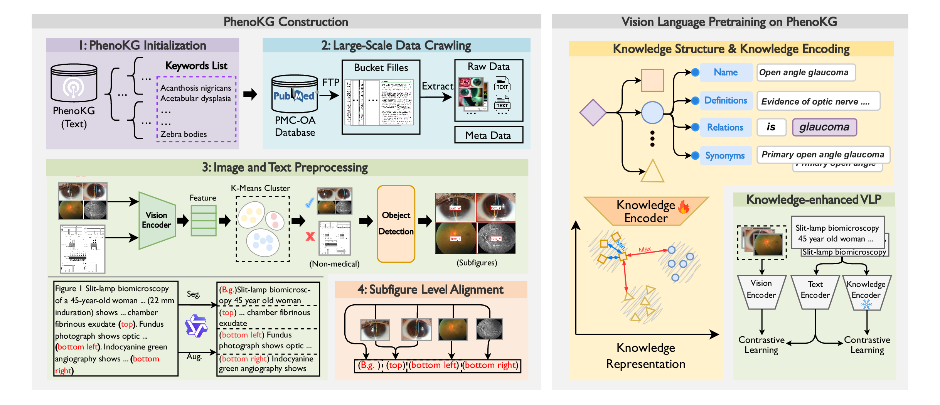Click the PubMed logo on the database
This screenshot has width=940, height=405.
click(294, 95)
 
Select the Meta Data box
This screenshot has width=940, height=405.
click(488, 135)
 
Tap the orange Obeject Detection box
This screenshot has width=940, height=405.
click(396, 224)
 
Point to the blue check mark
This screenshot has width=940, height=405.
click(310, 203)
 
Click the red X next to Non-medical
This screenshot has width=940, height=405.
click(310, 236)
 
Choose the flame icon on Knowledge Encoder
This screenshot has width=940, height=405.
click(684, 207)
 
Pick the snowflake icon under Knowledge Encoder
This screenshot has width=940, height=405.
click(866, 305)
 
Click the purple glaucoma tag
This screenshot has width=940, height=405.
click(824, 127)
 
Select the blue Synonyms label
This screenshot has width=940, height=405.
click(725, 155)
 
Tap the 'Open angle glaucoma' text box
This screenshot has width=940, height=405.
click(805, 73)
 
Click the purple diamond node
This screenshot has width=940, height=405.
click(593, 113)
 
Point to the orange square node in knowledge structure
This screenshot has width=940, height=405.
click(652, 80)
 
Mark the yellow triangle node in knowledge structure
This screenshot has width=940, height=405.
click(652, 172)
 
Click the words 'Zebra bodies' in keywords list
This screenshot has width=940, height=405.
click(184, 134)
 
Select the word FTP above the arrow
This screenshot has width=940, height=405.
click(331, 83)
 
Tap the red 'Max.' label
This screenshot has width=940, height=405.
click(645, 250)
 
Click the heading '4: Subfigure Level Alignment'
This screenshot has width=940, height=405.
click(430, 290)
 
